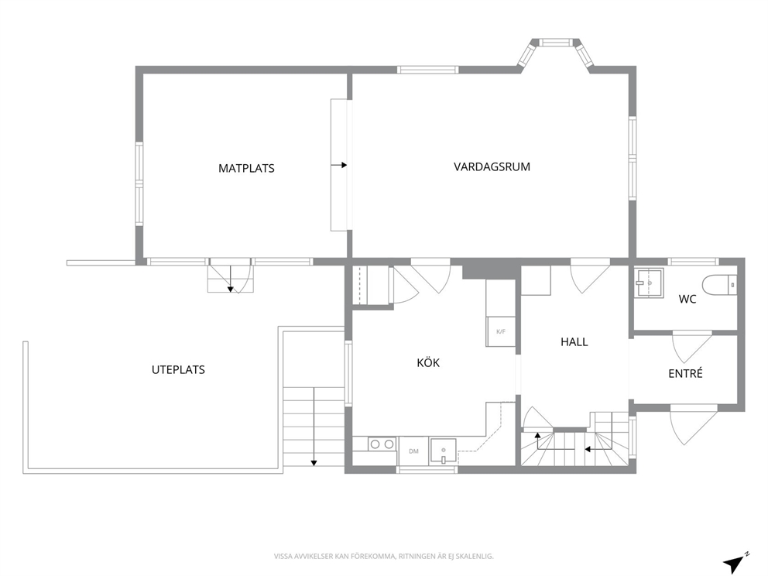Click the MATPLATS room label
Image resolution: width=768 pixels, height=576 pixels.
click(246, 169)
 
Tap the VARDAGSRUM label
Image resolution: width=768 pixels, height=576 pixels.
click(492, 167)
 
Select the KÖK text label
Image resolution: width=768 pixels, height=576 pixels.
click(428, 363)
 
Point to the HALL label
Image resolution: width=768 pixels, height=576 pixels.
click(574, 342)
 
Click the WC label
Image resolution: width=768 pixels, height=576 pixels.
click(687, 299)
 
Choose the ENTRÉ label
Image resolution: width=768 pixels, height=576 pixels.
click(685, 373)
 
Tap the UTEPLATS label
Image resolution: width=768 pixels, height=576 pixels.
click(178, 370)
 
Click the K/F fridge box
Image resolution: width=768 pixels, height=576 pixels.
click(501, 331)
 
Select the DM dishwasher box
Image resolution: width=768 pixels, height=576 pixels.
click(414, 451)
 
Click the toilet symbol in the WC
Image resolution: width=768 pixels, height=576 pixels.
click(719, 285)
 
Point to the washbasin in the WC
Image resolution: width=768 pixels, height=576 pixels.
click(649, 283)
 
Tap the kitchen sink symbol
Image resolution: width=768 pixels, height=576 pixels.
click(444, 451)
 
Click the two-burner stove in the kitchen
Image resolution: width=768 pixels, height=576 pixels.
click(382, 444)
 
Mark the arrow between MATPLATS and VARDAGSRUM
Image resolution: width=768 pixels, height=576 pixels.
click(339, 165)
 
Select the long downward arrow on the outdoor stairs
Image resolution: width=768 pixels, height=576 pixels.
click(314, 426)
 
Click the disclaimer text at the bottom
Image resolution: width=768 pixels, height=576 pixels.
click(383, 557)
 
